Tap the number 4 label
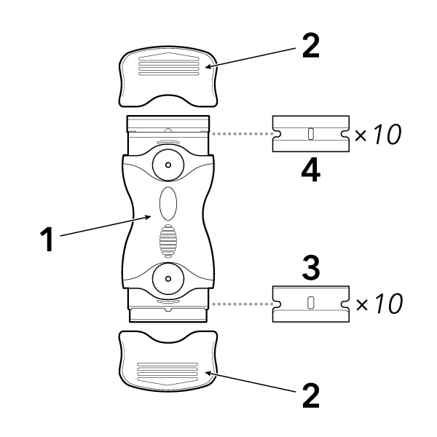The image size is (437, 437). [x=310, y=172]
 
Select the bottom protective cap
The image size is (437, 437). [x=168, y=361]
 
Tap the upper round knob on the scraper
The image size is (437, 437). [x=168, y=166]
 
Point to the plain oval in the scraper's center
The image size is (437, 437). [x=168, y=202]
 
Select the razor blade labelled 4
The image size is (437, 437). [x=310, y=134]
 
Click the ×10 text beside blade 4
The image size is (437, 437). [x=378, y=135]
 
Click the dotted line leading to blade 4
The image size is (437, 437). [x=240, y=134]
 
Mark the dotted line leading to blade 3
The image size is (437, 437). [x=240, y=302]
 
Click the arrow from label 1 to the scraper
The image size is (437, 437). [x=106, y=226]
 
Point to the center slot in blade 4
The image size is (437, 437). [x=310, y=133]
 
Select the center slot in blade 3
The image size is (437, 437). [x=310, y=302]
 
